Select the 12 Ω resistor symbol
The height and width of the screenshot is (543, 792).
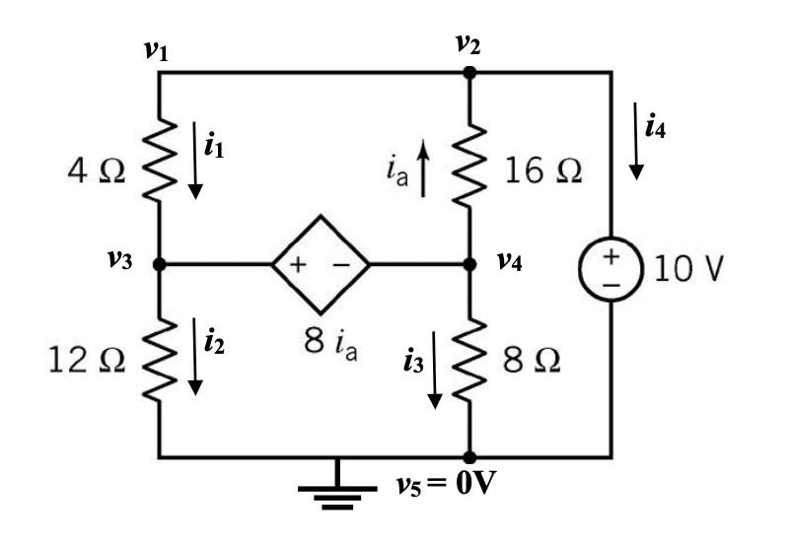[x=159, y=361]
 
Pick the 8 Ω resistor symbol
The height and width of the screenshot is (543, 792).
[x=469, y=361]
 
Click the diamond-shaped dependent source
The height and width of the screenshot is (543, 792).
[x=321, y=265]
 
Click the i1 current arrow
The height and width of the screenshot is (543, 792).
[x=196, y=161]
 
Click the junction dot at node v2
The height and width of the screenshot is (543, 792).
[x=469, y=72]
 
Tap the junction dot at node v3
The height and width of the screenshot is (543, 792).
[x=159, y=265]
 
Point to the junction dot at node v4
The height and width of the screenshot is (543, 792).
[x=469, y=265]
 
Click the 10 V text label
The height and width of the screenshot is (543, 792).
[x=684, y=268]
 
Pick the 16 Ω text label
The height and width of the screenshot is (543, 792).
[x=542, y=170]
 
